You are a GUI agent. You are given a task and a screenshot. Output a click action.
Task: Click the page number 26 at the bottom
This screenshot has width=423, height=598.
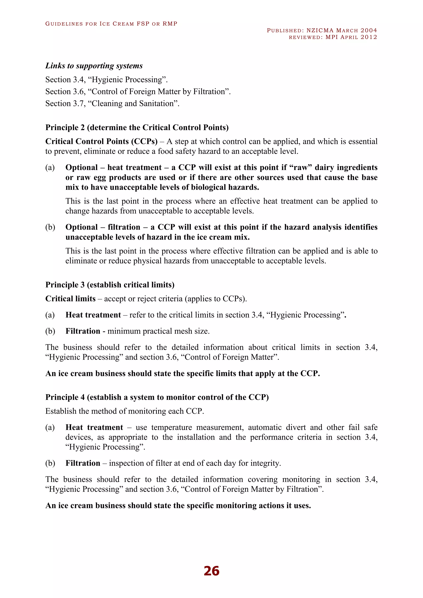pos(211,571)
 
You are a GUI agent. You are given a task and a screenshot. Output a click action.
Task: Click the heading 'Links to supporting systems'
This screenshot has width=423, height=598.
pos(94,66)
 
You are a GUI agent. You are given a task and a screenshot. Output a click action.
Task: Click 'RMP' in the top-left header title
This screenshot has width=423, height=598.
pos(170,24)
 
